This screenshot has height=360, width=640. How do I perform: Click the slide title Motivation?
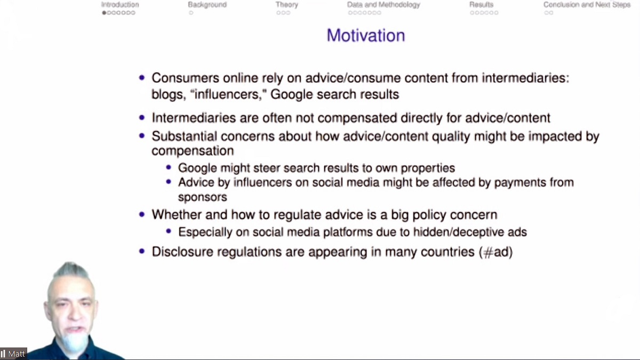point(366,35)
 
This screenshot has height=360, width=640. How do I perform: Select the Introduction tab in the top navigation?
point(120,5)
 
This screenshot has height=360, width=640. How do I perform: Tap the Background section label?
point(207,5)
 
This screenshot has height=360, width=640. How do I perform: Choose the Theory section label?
point(287,5)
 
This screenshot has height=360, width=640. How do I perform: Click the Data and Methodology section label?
point(383,5)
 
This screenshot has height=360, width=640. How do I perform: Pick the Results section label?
point(481,5)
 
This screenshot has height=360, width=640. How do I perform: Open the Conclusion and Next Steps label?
point(587,5)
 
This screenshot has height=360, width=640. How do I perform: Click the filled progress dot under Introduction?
point(105,13)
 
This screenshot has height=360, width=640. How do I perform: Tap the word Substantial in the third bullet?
point(184,136)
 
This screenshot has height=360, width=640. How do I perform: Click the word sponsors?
point(202,197)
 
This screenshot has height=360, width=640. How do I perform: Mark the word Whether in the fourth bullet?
point(174,215)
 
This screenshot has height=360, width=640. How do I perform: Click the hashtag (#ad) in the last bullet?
point(496,252)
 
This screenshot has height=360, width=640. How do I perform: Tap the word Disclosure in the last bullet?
point(180,252)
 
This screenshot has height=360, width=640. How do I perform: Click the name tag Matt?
point(18,354)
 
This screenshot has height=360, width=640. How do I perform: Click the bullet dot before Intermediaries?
point(142,118)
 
